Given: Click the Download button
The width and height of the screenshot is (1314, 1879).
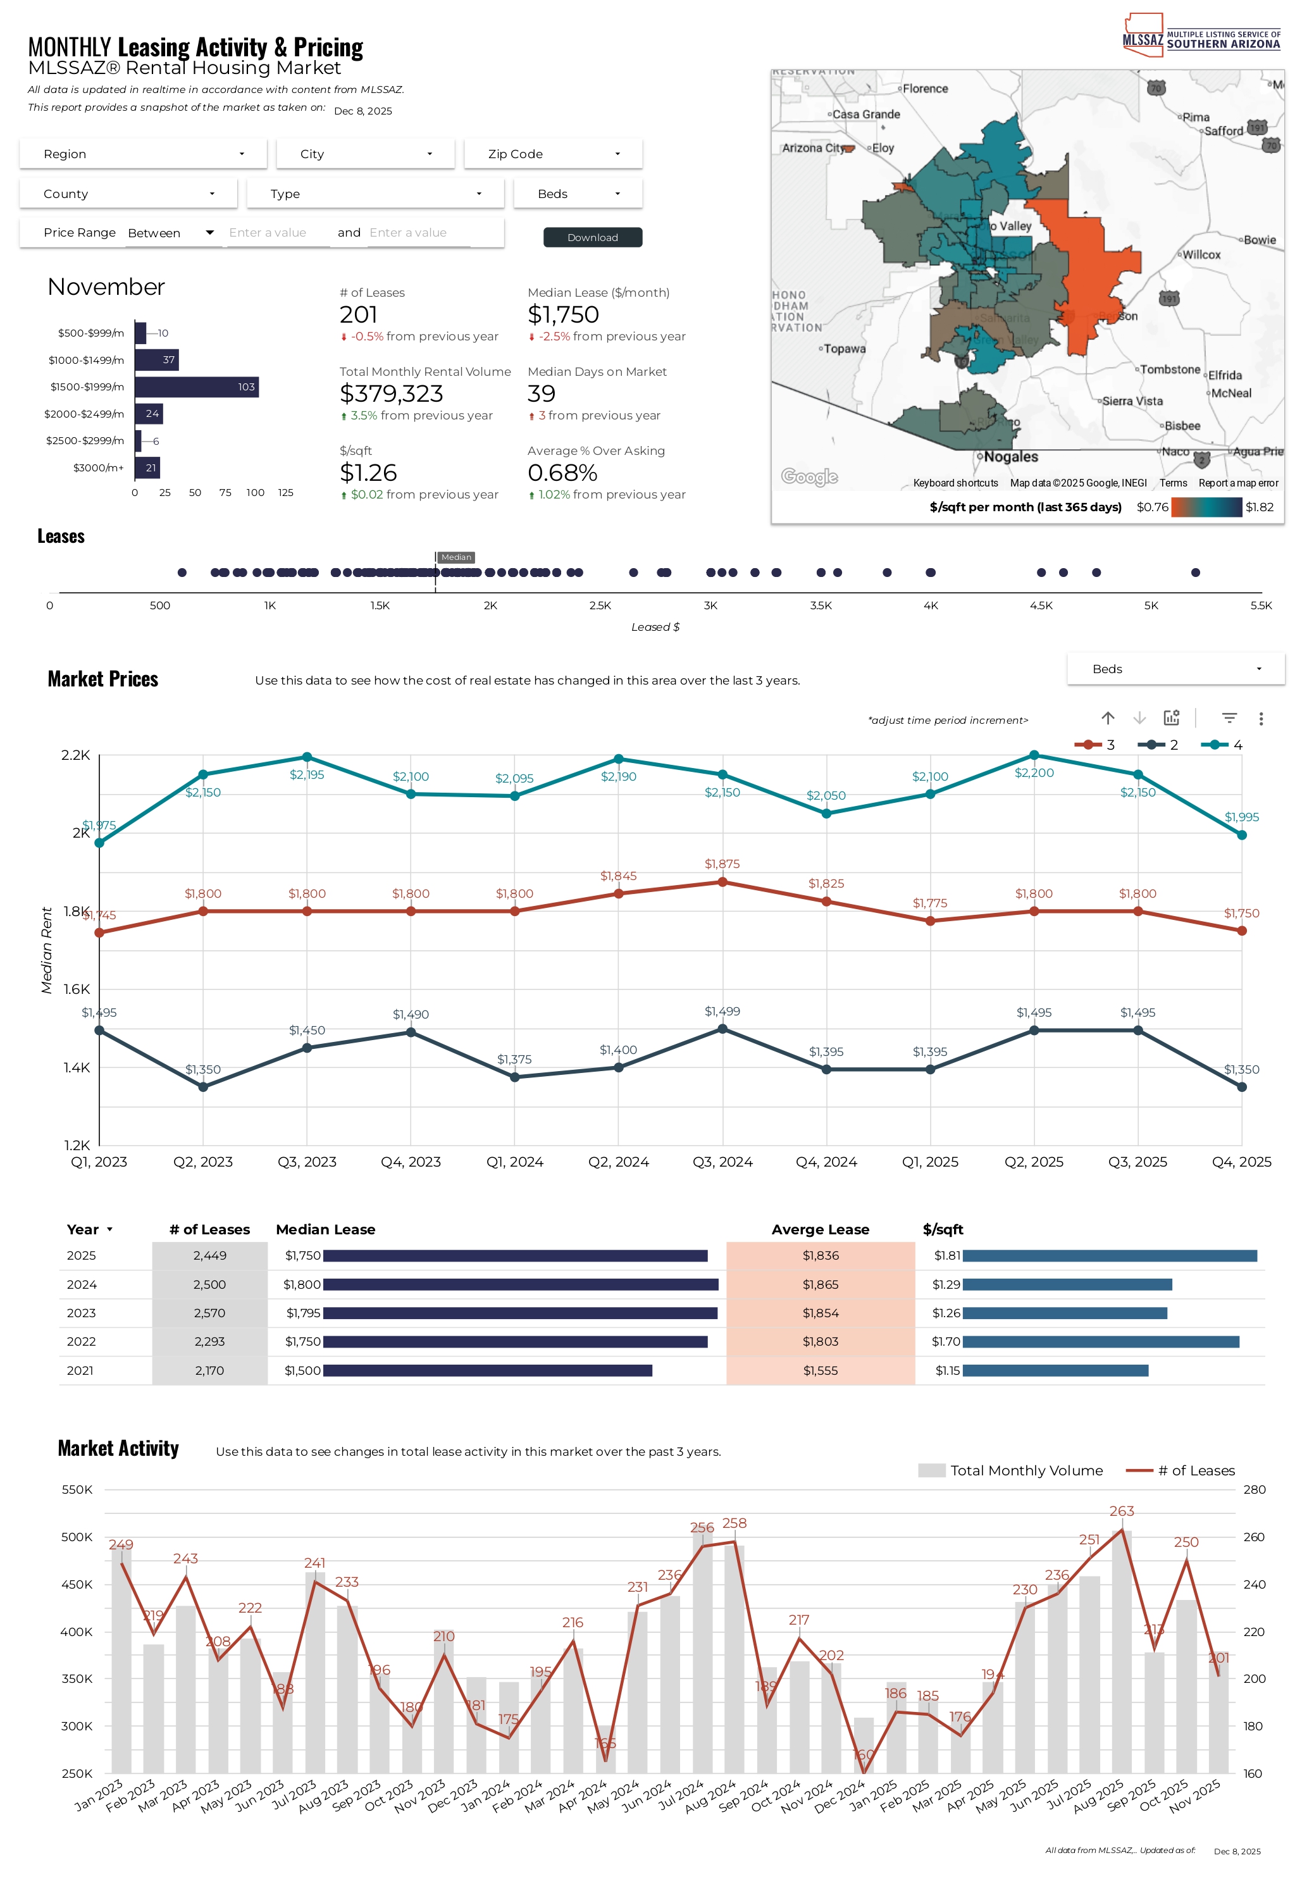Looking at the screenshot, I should pyautogui.click(x=592, y=237).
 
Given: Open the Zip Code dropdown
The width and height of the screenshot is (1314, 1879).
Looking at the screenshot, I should pyautogui.click(x=553, y=154).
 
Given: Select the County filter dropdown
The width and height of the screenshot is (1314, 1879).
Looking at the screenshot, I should pyautogui.click(x=128, y=194).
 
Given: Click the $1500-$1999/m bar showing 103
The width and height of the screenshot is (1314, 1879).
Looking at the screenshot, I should pyautogui.click(x=196, y=387).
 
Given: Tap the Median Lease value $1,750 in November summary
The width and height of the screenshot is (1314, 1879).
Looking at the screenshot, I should pyautogui.click(x=563, y=315).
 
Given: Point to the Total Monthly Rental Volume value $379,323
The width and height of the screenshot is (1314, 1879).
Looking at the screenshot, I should pyautogui.click(x=391, y=394).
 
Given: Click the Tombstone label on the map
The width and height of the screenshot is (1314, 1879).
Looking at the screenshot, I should pyautogui.click(x=1169, y=370).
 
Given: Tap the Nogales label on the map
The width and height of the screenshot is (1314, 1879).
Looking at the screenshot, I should pyautogui.click(x=1010, y=457).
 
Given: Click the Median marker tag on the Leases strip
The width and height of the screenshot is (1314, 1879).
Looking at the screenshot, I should pyautogui.click(x=456, y=557).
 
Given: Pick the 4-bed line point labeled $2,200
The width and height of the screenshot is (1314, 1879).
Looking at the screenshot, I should pyautogui.click(x=1034, y=755).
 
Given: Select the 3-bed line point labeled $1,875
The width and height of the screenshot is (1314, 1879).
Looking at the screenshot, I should pyautogui.click(x=722, y=882).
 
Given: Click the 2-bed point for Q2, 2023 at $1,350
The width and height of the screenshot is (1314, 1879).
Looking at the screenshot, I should pyautogui.click(x=203, y=1087).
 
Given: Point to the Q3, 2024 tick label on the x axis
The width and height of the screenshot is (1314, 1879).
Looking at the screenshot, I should pyautogui.click(x=722, y=1162).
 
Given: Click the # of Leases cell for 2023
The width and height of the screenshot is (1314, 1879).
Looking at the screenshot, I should pyautogui.click(x=209, y=1313).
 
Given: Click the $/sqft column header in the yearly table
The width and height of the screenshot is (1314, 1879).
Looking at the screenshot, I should pyautogui.click(x=943, y=1229).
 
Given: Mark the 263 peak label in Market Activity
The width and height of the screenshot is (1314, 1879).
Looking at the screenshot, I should pyautogui.click(x=1122, y=1511).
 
